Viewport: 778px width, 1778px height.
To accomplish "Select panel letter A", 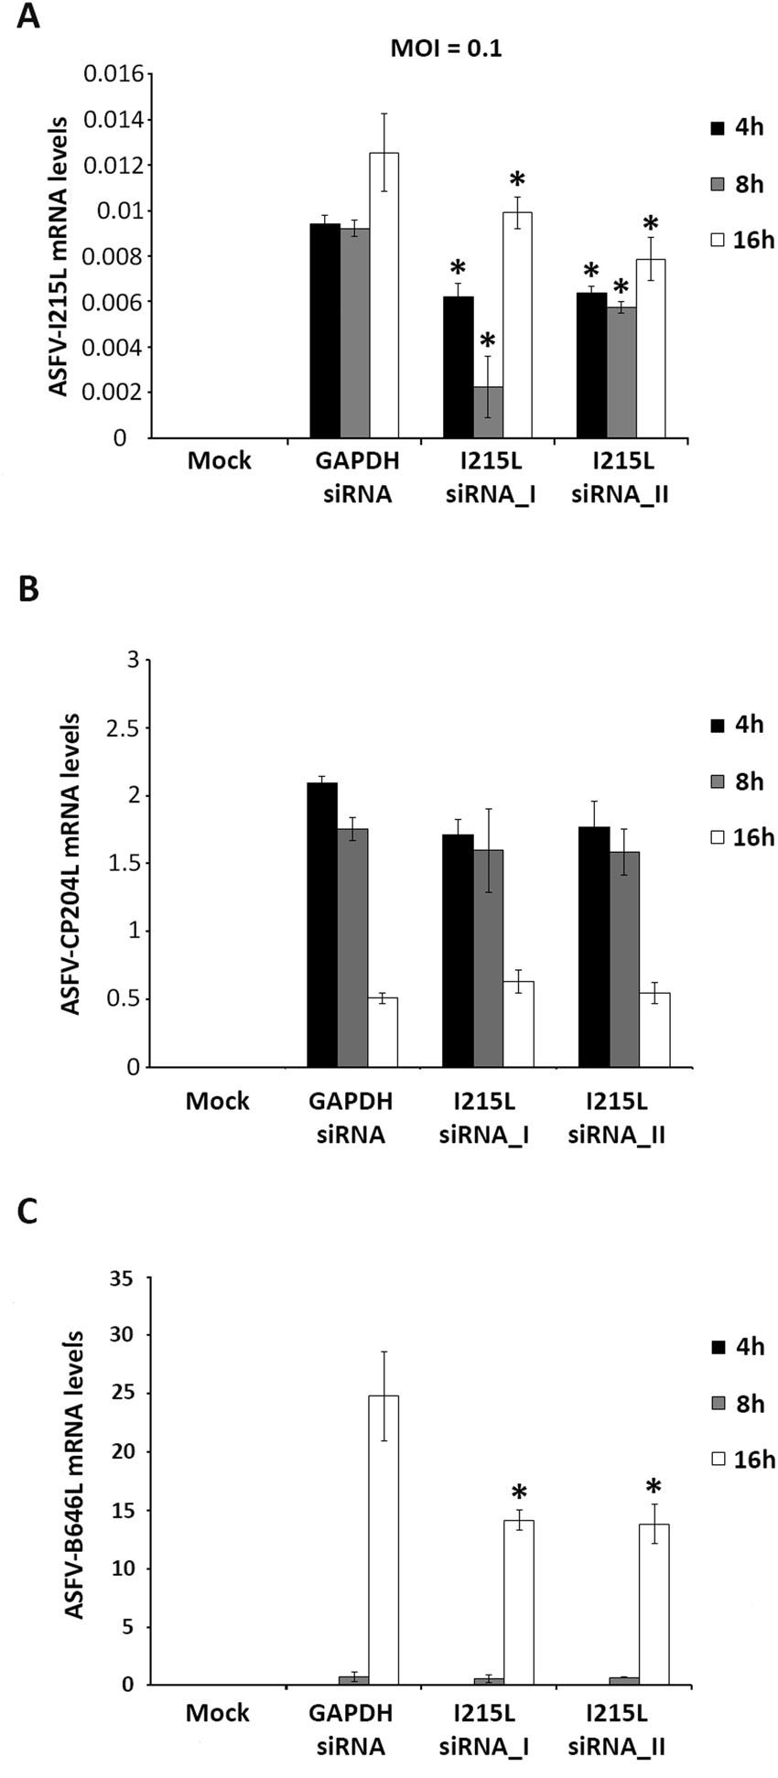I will (28, 17).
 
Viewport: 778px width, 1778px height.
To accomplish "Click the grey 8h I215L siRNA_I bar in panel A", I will (488, 413).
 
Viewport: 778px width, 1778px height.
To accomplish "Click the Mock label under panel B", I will (218, 1101).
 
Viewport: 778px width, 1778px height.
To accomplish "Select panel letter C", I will (28, 1213).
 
